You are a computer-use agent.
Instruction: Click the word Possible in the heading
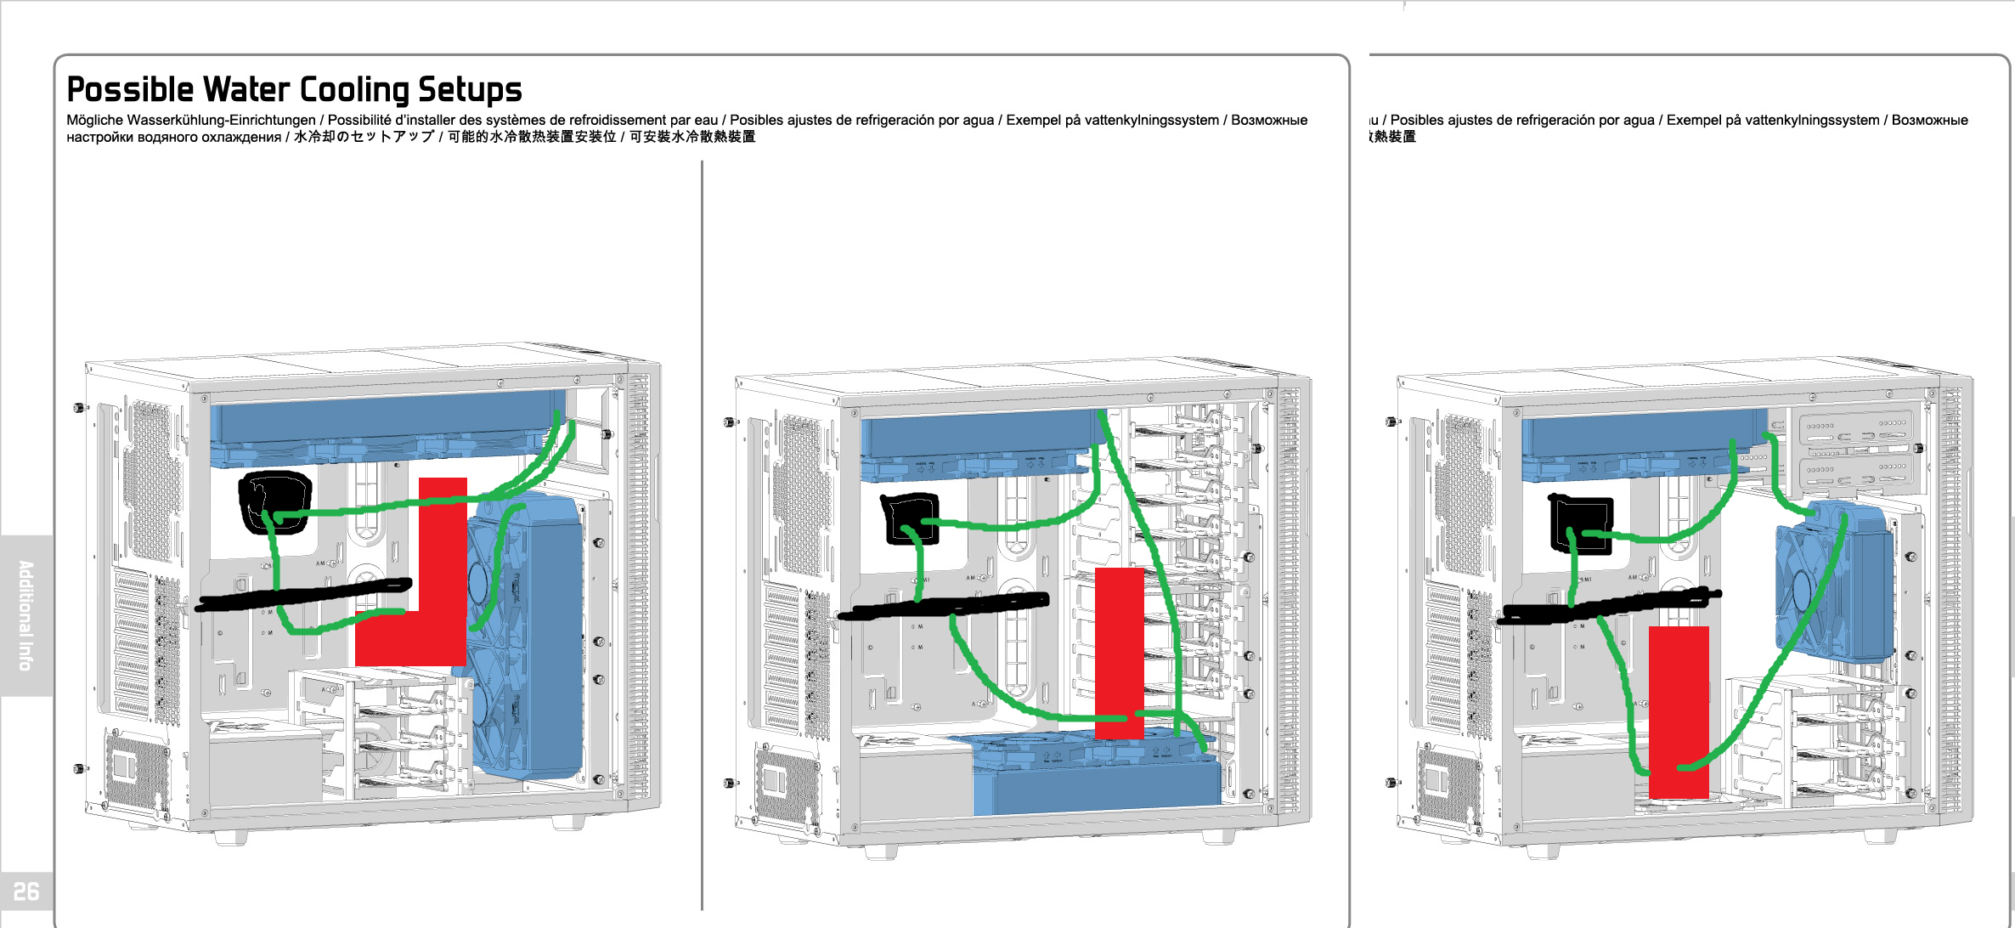coord(130,90)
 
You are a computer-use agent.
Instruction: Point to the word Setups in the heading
coord(470,90)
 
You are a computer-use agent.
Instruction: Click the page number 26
coord(26,891)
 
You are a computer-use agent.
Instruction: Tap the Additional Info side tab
coord(26,615)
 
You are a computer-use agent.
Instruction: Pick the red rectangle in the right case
coord(1679,712)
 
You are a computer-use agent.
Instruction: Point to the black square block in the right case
coord(1581,523)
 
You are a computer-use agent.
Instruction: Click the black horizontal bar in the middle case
coord(943,606)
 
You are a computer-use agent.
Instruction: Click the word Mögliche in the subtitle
coord(95,120)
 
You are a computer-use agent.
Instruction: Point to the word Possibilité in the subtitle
coord(359,120)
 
